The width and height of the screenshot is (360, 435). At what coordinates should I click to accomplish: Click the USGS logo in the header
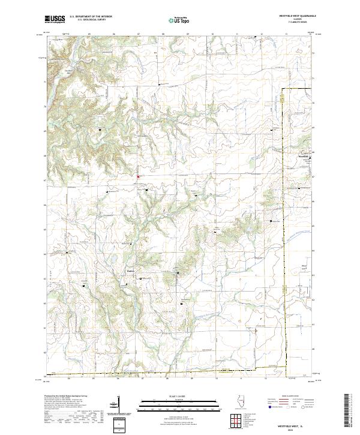click(x=55, y=20)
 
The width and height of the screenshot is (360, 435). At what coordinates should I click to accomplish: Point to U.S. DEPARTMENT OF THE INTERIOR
click(x=91, y=16)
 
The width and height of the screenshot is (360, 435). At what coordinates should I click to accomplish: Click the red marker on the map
click(x=138, y=177)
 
